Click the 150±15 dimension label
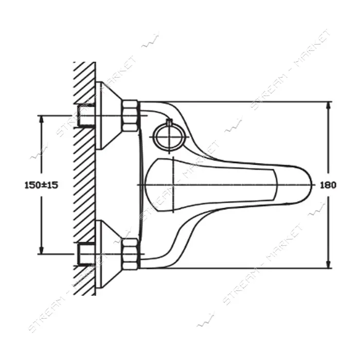point(41,185)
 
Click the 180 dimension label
point(328,185)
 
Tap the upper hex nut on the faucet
point(130,116)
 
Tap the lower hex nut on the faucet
point(130,254)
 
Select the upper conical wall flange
point(108,116)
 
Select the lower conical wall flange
point(108,254)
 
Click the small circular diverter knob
point(169,137)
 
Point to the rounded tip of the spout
point(312,185)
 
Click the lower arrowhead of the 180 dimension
point(329,264)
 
